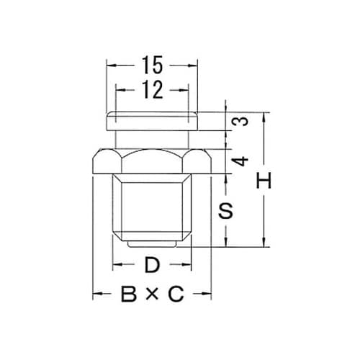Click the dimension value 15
coord(151,66)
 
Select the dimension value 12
coord(151,89)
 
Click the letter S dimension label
coord(226,211)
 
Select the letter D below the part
coord(151,265)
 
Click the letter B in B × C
coord(129,294)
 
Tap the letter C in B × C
coord(176,294)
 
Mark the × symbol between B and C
coord(153,294)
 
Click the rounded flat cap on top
coord(151,117)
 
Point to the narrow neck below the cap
coord(151,137)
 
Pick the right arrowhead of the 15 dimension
coord(193,66)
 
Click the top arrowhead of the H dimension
coord(266,116)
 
